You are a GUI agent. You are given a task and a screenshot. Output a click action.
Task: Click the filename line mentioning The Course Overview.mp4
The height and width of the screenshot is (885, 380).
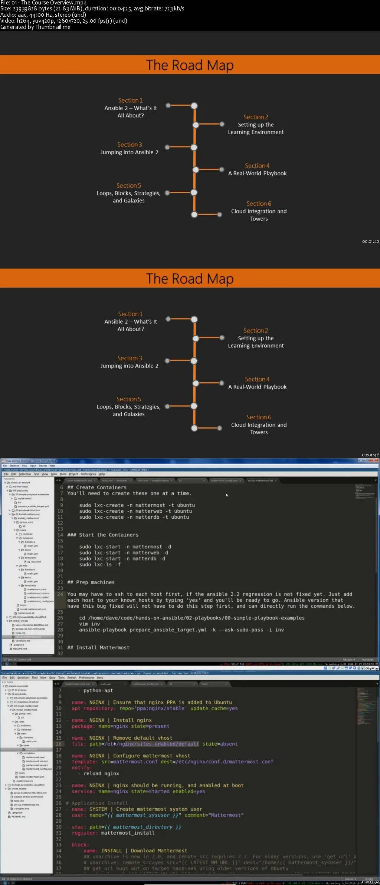pyautogui.click(x=43, y=3)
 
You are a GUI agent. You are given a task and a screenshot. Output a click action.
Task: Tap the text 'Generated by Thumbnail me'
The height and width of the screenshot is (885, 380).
pyautogui.click(x=35, y=27)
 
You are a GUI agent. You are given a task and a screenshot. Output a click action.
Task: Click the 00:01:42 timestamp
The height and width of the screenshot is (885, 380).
pyautogui.click(x=370, y=241)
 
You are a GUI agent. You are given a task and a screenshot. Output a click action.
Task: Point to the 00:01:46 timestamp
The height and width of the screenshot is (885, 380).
pyautogui.click(x=370, y=455)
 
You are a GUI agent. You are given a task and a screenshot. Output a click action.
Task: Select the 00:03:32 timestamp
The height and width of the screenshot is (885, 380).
pyautogui.click(x=370, y=882)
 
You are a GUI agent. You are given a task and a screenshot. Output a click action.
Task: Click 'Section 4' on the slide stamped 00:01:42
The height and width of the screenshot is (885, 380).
pyautogui.click(x=257, y=166)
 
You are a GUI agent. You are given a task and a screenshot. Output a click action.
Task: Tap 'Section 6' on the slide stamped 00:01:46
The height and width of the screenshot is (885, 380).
pyautogui.click(x=259, y=417)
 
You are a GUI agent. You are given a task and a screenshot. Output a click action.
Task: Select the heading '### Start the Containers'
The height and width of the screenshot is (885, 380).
pyautogui.click(x=102, y=535)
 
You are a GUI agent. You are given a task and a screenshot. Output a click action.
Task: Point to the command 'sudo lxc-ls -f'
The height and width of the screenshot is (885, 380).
pyautogui.click(x=99, y=564)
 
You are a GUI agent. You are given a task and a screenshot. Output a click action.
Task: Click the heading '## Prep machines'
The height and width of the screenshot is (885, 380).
pyautogui.click(x=91, y=582)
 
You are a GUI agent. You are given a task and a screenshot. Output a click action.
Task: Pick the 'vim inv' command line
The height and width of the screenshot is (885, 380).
pyautogui.click(x=89, y=624)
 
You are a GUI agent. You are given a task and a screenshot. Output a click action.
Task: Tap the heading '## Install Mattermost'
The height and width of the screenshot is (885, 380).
pyautogui.click(x=98, y=647)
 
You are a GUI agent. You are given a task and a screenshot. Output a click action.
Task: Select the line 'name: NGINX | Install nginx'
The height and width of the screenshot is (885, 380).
pyautogui.click(x=111, y=720)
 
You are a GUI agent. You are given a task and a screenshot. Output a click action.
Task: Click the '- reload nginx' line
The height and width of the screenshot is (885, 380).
pyautogui.click(x=98, y=773)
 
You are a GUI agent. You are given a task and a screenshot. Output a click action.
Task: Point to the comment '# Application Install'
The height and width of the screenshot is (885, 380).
pyautogui.click(x=96, y=803)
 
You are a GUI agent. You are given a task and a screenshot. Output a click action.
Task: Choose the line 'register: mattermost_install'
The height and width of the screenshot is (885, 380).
pyautogui.click(x=113, y=833)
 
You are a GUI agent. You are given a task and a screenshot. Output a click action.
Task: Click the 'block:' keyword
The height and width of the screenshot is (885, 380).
pyautogui.click(x=80, y=845)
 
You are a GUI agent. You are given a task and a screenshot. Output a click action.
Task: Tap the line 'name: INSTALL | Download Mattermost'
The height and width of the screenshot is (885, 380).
pyautogui.click(x=135, y=851)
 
